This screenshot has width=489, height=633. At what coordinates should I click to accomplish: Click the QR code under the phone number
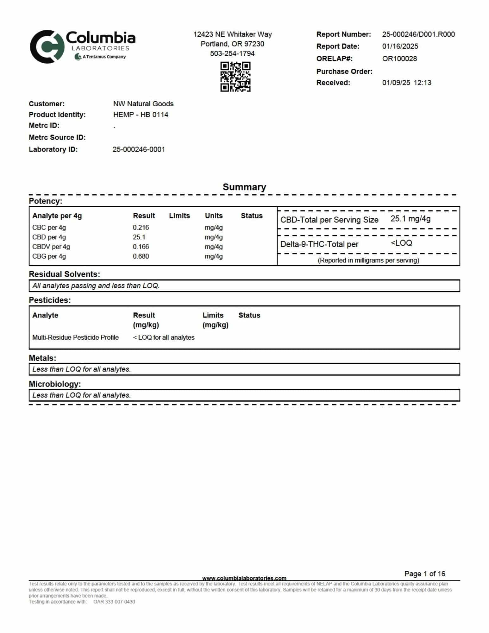coord(235,77)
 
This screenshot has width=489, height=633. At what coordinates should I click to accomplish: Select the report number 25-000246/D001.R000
coord(418,34)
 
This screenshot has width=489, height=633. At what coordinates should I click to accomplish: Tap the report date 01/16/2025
coord(400,47)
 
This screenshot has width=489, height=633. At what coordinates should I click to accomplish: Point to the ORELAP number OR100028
coord(399,59)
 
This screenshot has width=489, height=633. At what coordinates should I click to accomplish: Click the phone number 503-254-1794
coord(232,53)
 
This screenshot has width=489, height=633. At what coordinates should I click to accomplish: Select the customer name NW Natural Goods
coord(143,104)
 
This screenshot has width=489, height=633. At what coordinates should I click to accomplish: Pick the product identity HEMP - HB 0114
coord(141,115)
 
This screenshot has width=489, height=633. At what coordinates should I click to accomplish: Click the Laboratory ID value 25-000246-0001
coord(139,149)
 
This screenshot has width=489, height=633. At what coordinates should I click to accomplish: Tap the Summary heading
coord(244,187)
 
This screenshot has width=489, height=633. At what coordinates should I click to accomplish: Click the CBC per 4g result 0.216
coord(141,228)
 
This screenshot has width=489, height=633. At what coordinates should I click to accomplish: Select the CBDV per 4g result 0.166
coord(141,247)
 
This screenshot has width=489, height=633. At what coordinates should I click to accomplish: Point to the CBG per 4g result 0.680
coord(141,256)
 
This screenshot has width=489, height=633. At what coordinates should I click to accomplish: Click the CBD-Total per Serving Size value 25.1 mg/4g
coord(410,219)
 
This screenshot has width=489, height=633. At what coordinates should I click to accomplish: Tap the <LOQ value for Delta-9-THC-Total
coord(401,243)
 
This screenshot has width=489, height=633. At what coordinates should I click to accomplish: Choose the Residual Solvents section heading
coord(64,274)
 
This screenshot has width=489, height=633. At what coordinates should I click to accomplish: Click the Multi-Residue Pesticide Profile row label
coord(75,337)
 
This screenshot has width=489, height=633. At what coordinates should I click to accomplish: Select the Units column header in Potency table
coord(214,216)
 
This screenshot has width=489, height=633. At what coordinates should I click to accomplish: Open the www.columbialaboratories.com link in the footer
coord(244,578)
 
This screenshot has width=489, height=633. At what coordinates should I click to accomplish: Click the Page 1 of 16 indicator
coord(424,574)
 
